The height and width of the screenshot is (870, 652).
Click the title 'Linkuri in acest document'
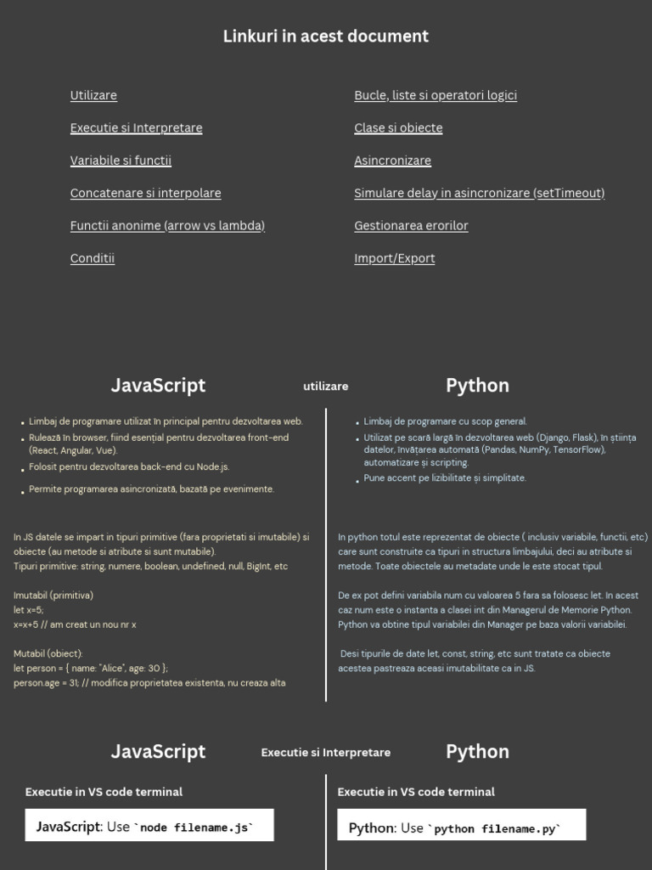point(326,37)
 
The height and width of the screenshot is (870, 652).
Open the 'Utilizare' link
point(93,95)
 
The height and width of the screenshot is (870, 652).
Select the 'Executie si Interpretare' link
point(136,127)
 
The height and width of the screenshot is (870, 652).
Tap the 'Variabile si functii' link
point(121,161)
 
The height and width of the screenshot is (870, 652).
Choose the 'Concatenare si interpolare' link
point(145,193)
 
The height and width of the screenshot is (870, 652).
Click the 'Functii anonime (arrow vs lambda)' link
point(167,225)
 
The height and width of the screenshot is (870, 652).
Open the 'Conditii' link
point(93,258)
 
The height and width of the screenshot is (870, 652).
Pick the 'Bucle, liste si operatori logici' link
point(436,95)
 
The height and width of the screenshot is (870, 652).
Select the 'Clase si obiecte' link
point(398,127)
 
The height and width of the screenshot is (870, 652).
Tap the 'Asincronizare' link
point(392,161)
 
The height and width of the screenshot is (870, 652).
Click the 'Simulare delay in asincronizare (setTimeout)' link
point(479,193)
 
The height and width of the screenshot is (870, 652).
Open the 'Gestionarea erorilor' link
point(411,225)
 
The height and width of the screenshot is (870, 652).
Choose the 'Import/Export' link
point(394,258)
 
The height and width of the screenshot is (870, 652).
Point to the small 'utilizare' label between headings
point(326,387)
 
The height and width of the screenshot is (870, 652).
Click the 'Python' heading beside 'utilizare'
point(477,386)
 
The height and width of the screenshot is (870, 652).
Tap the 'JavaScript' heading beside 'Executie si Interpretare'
point(158,752)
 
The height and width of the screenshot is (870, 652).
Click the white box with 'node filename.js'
point(149,826)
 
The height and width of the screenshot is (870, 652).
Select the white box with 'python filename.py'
point(461,826)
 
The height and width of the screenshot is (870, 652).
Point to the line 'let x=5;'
point(29,610)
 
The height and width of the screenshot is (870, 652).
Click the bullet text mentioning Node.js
point(129,466)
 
